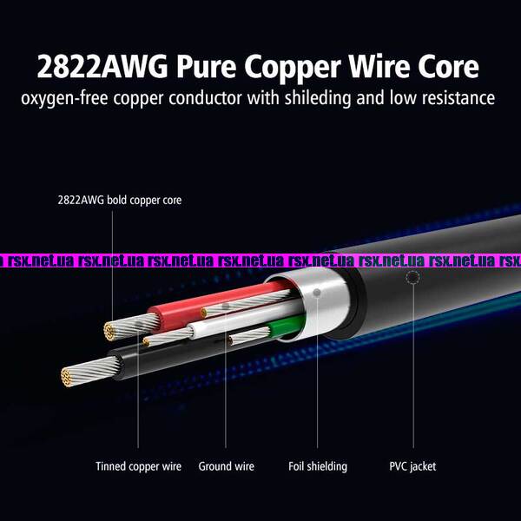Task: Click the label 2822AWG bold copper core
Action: coord(120,200)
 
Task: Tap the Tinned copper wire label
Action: coord(139,466)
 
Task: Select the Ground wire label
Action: coord(227,466)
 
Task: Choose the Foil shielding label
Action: coord(318,466)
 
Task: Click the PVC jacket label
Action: coord(412,466)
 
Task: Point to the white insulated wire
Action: coord(217,329)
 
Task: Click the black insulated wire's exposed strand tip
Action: coord(68,376)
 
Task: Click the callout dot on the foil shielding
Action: coord(317,293)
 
